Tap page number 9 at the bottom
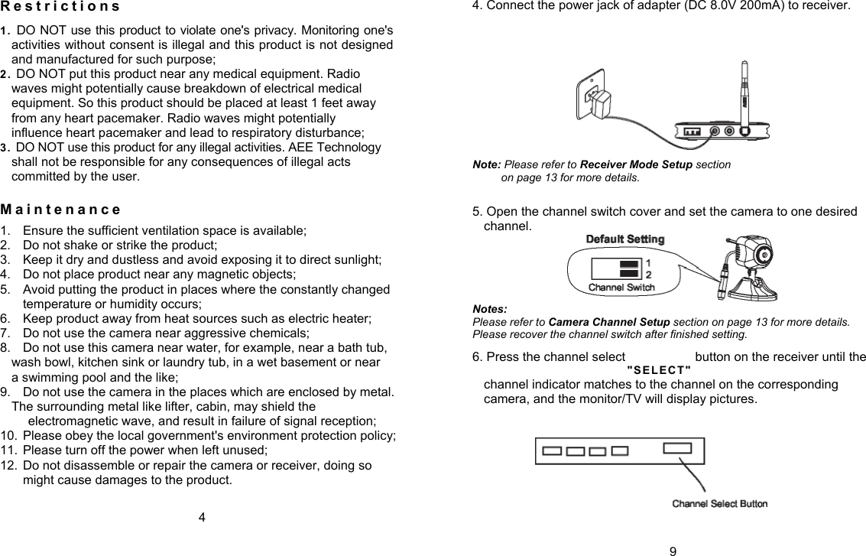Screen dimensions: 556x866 click(671, 549)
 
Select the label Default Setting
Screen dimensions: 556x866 click(624, 239)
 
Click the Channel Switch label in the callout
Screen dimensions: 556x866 click(621, 288)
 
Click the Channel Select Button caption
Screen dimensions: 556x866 click(719, 503)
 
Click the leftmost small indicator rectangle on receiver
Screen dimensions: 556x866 click(552, 451)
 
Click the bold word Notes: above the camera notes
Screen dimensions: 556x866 click(490, 309)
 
